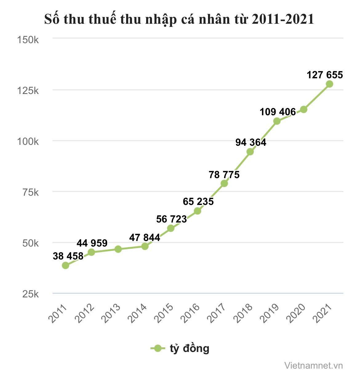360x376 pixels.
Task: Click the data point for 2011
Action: [x=66, y=265]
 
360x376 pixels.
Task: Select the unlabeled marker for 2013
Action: [x=118, y=249]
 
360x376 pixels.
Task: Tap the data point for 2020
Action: [x=304, y=109]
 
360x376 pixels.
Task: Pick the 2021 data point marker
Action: [x=330, y=84]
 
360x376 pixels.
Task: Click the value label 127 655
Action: [x=325, y=75]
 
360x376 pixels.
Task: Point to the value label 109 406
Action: [x=278, y=112]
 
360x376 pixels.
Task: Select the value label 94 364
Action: [x=251, y=143]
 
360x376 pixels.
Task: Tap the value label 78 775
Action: [x=224, y=175]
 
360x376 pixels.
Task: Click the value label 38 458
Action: [x=68, y=256]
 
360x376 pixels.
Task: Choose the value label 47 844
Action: [x=145, y=238]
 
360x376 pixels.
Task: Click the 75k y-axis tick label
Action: [x=30, y=192]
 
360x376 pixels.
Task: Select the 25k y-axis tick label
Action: [x=30, y=294]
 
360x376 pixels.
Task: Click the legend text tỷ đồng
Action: [x=190, y=348]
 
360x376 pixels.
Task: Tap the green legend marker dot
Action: [x=158, y=348]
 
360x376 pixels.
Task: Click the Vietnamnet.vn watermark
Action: [x=314, y=366]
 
